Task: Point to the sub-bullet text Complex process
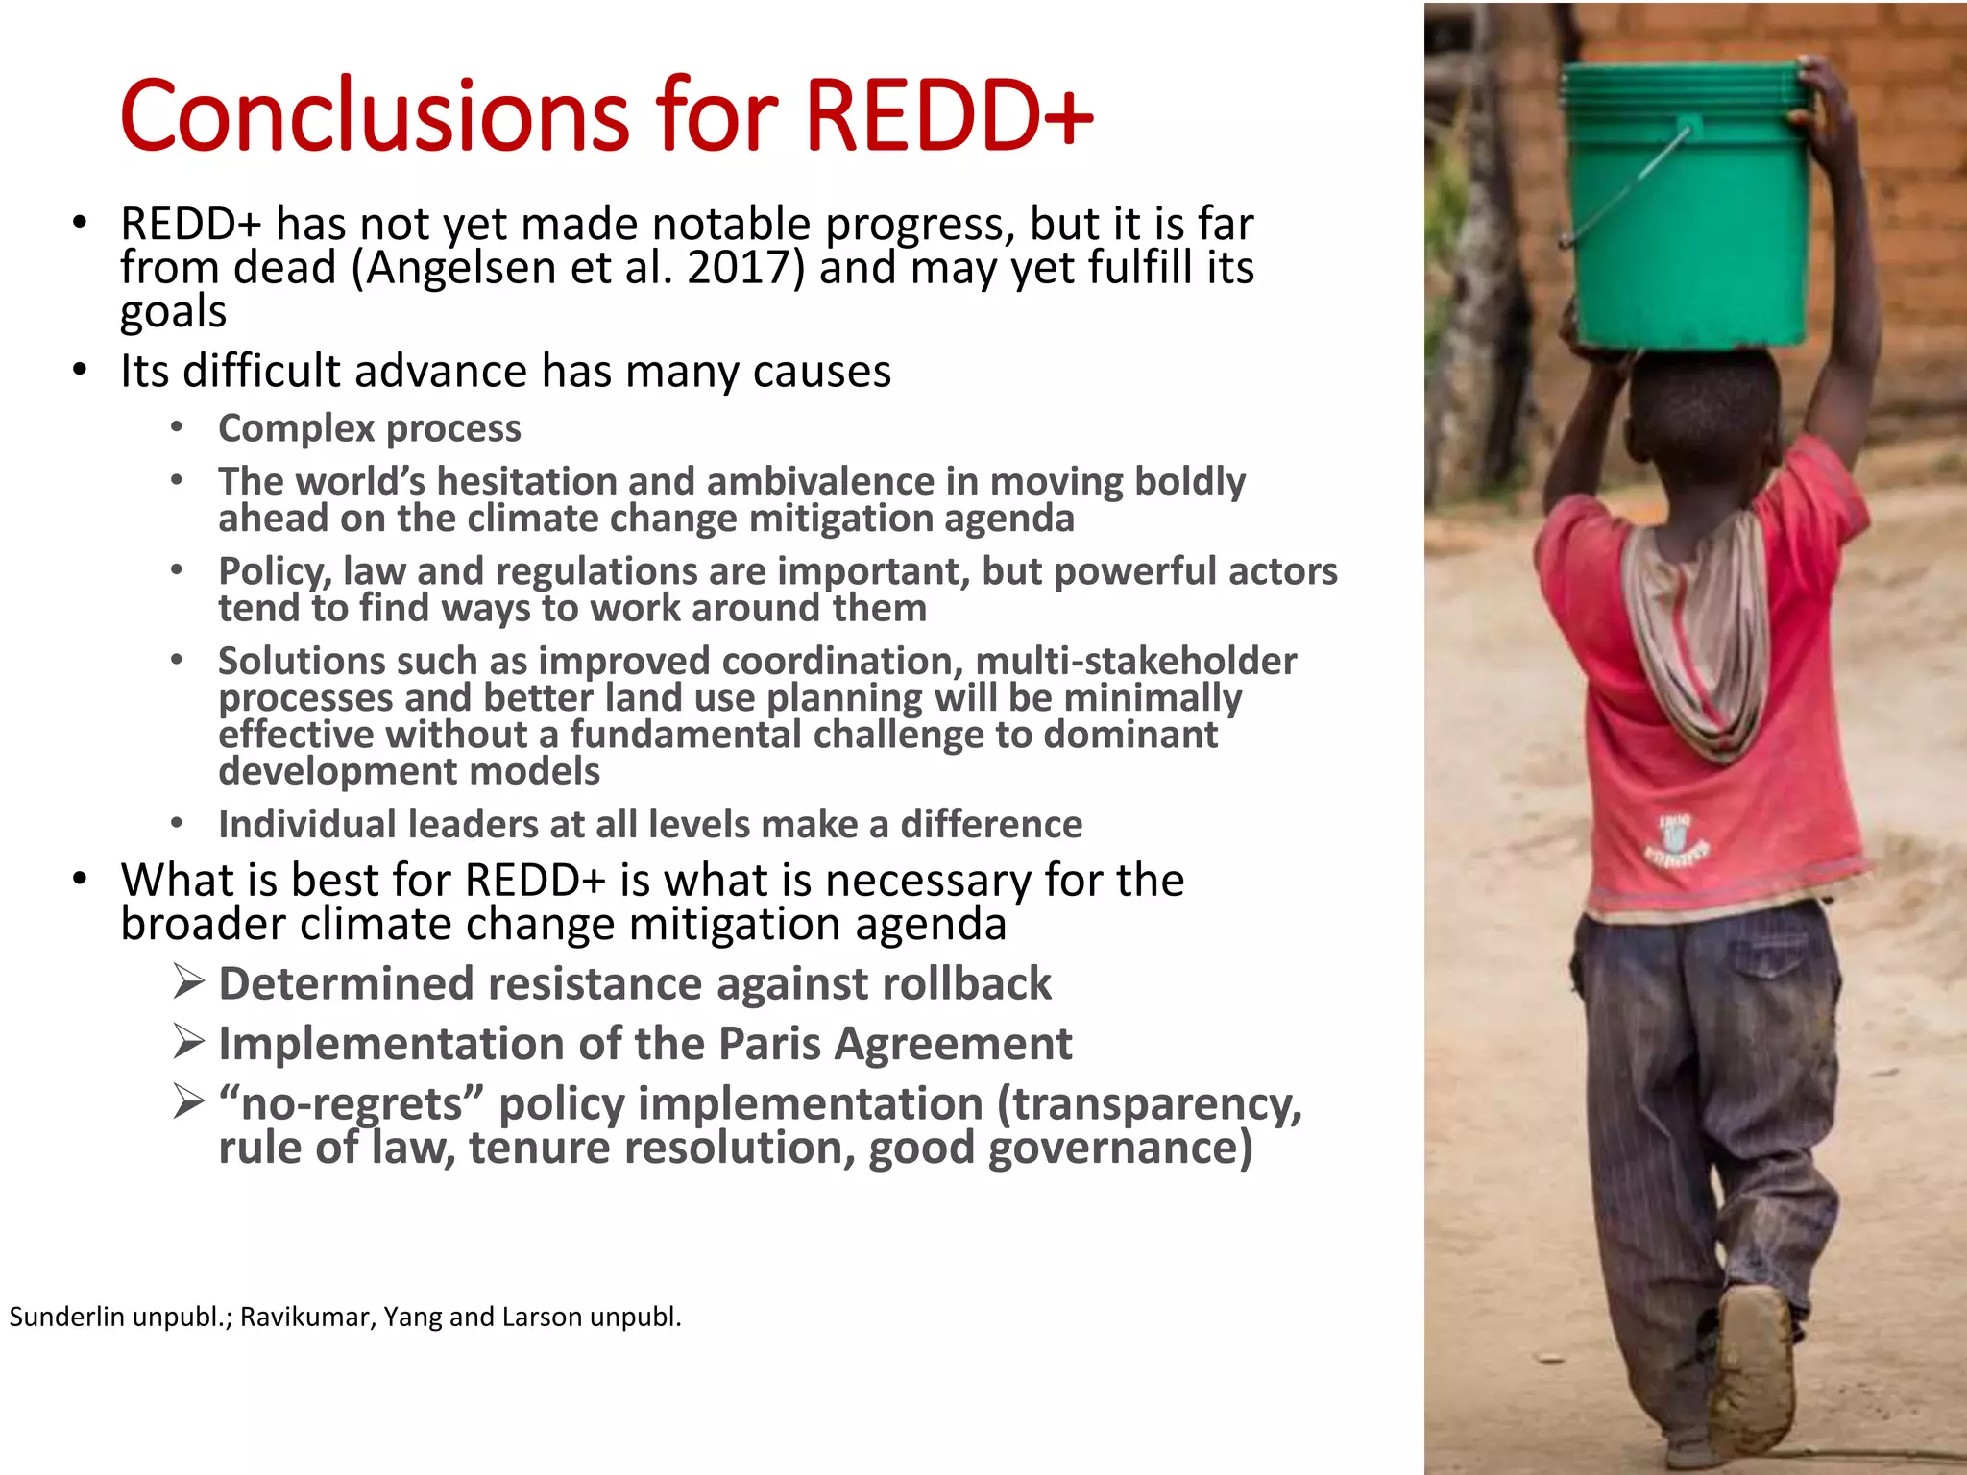[370, 428]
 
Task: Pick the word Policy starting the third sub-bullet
[275, 572]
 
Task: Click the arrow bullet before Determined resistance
[189, 982]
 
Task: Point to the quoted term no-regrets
[352, 1104]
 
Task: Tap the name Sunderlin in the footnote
[67, 1317]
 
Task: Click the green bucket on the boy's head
[1686, 206]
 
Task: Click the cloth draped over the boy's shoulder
[1695, 624]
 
